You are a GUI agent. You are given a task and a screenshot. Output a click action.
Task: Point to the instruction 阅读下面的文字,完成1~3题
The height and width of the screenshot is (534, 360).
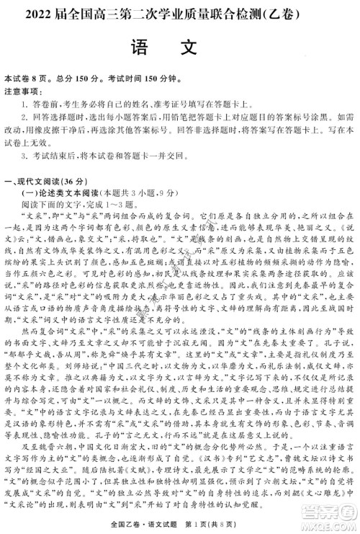[x=72, y=204]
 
